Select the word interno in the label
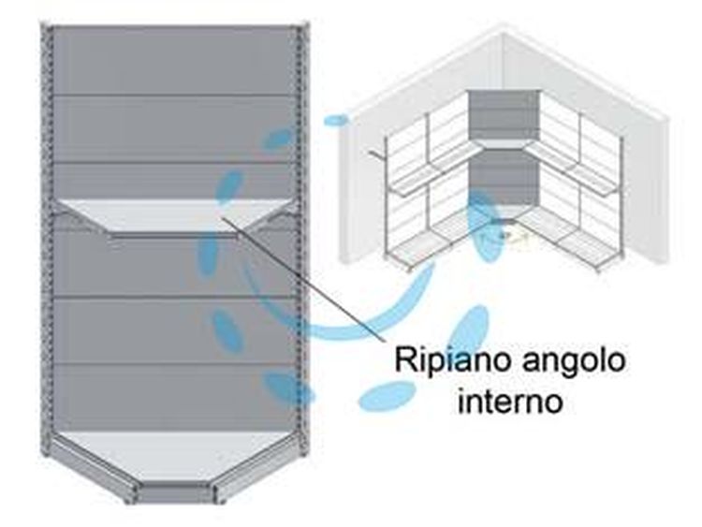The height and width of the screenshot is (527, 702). pos(510,402)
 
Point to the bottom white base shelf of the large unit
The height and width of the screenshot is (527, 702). pos(171,456)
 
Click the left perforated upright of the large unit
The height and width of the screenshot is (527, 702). pos(46,242)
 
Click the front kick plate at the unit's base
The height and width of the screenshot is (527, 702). pos(174,494)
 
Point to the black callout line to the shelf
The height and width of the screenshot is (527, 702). pos(302,278)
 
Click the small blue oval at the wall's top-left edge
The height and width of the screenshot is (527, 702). pos(335,120)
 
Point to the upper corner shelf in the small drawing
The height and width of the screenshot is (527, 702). pos(503,144)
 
